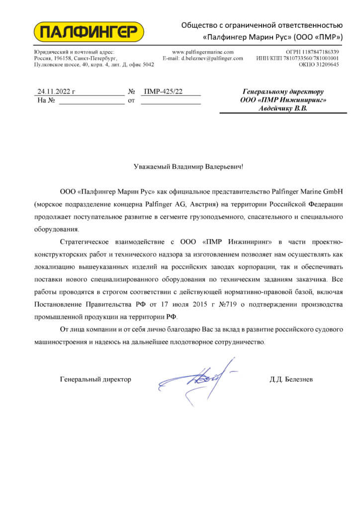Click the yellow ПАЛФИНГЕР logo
[x=88, y=32]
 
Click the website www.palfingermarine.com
[x=202, y=52]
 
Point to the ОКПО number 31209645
[x=326, y=65]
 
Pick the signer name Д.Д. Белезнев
[x=291, y=379]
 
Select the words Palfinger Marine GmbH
[x=308, y=191]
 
